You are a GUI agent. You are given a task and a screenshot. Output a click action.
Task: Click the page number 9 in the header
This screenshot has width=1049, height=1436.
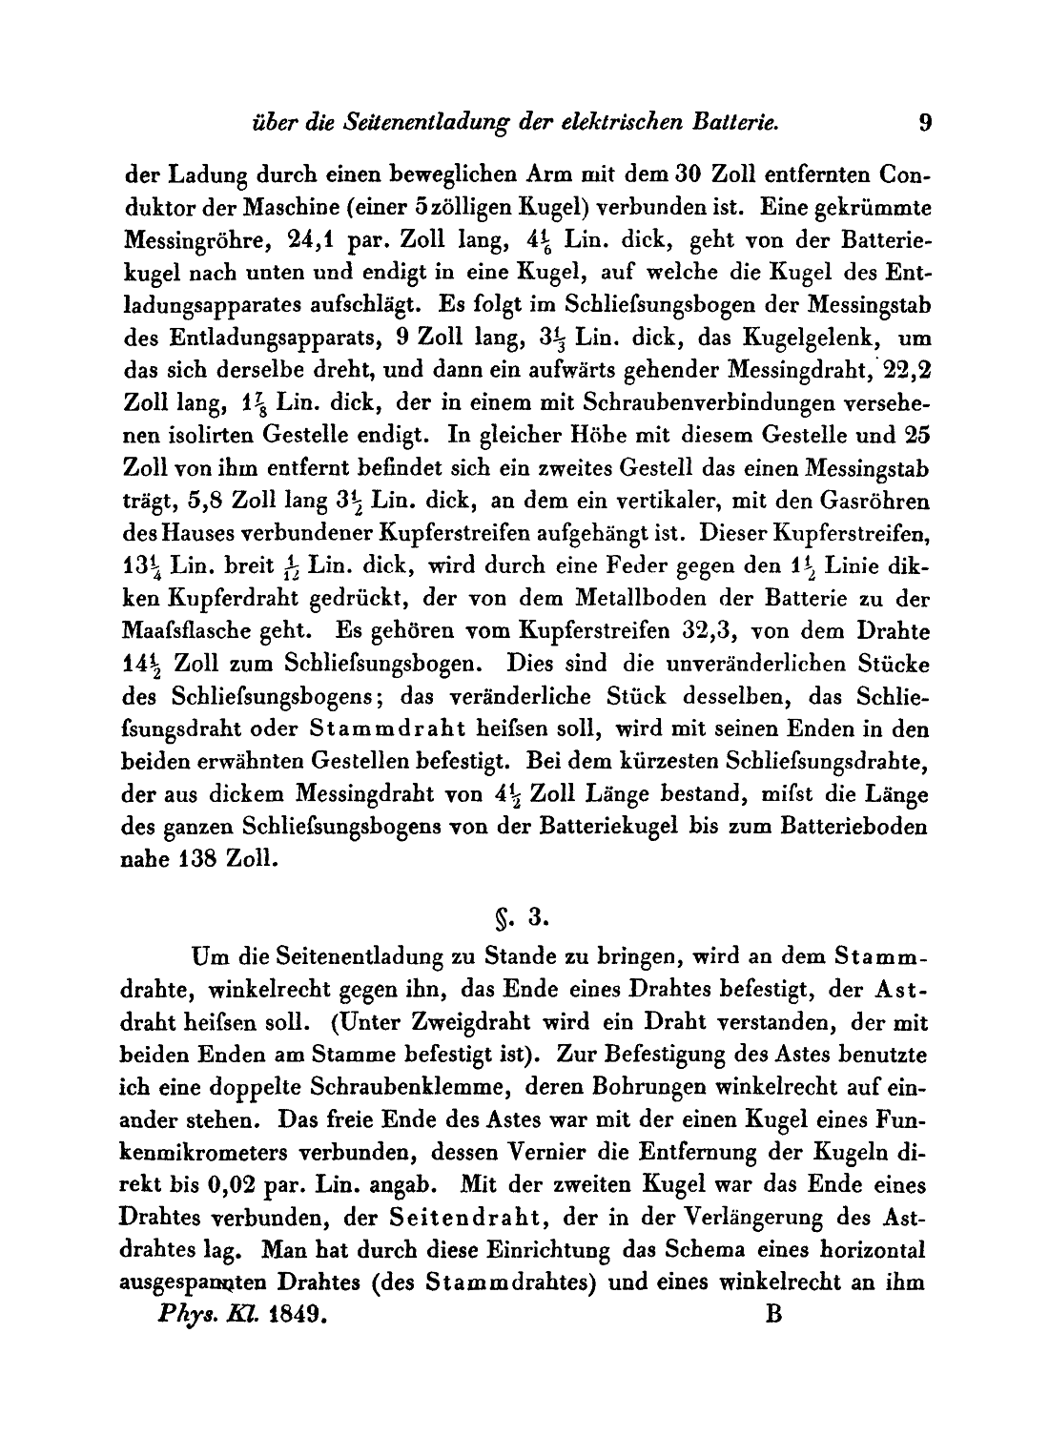click(924, 122)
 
